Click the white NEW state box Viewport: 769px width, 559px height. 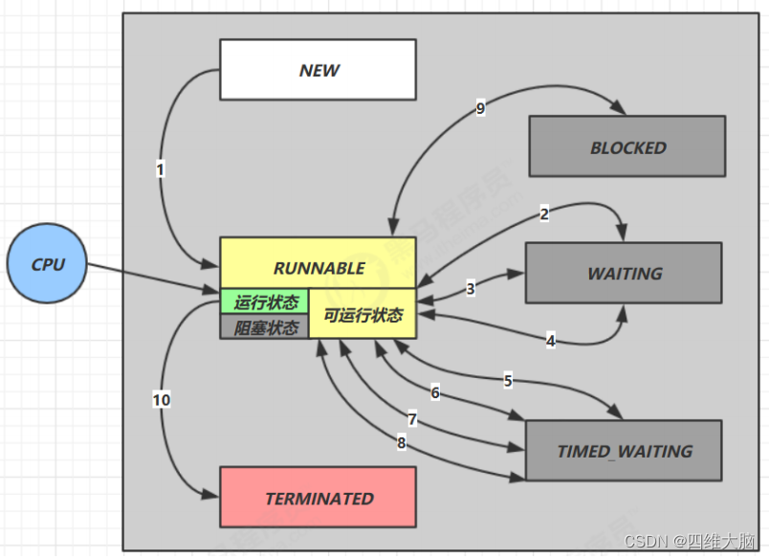[x=318, y=70]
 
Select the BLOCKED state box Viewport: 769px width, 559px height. [x=627, y=147]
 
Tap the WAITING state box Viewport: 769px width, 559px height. [x=624, y=273]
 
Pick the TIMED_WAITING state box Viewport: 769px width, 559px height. [x=624, y=451]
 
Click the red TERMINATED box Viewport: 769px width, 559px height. [x=318, y=498]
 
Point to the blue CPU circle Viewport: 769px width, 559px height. [x=47, y=264]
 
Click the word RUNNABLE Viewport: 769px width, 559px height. [x=319, y=268]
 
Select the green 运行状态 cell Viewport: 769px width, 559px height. [x=265, y=302]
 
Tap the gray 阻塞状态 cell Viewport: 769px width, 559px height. [x=265, y=327]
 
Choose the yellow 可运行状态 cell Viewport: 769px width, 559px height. [x=363, y=315]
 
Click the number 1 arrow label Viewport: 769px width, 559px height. [x=161, y=169]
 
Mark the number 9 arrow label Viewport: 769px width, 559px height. [x=480, y=108]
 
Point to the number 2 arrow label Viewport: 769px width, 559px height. [x=544, y=214]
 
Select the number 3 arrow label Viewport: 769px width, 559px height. [x=471, y=288]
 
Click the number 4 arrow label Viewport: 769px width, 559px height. [x=550, y=340]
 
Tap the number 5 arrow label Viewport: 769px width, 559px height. [x=508, y=380]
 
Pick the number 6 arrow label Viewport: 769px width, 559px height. [x=435, y=392]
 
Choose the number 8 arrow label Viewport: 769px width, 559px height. [x=401, y=441]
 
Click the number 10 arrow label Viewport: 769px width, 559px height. [x=162, y=399]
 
